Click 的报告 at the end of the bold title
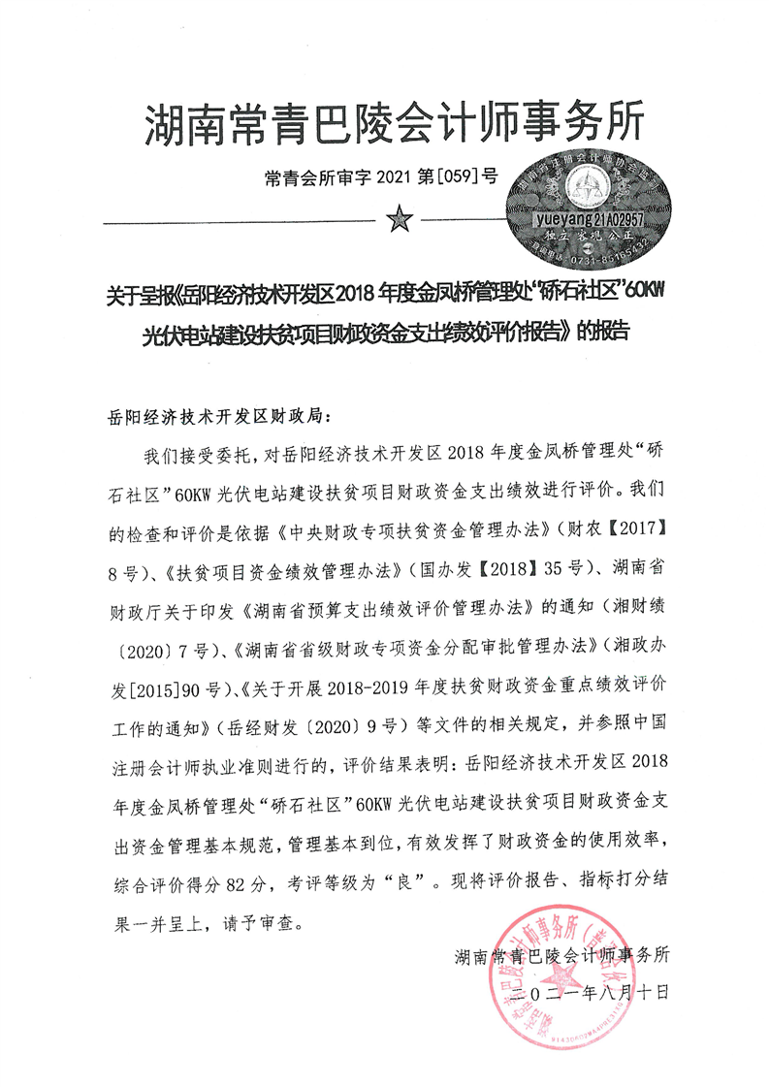pos(602,330)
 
